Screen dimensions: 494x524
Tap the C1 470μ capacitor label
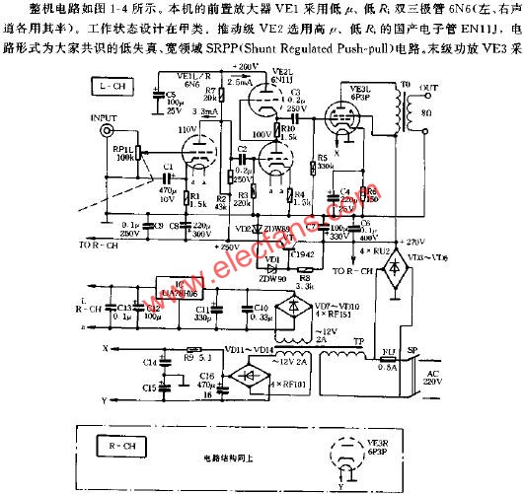[166, 180]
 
